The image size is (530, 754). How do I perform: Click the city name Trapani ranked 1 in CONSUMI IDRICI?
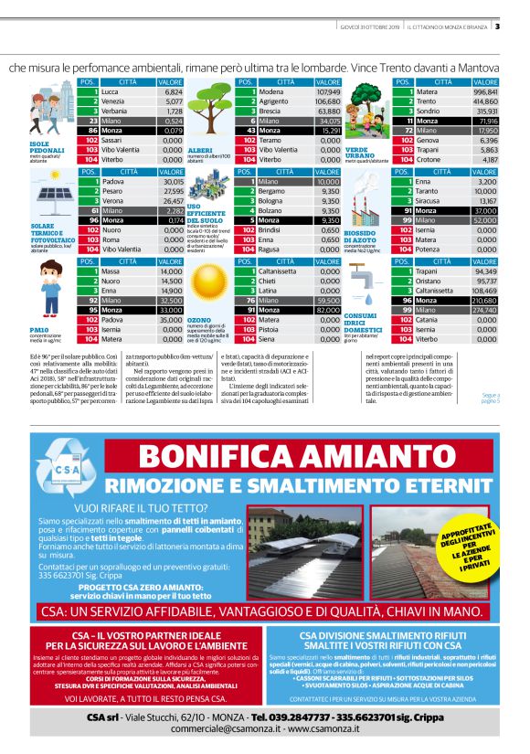click(428, 271)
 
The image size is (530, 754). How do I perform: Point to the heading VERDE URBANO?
click(359, 152)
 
